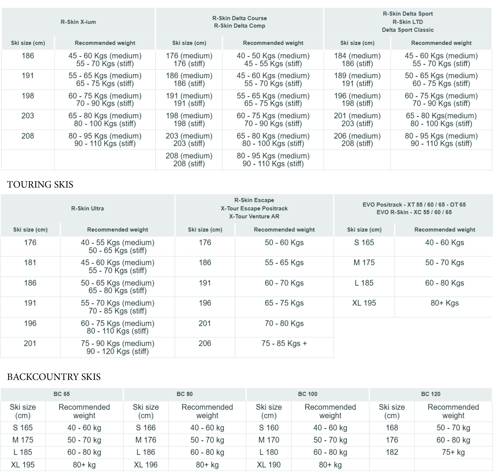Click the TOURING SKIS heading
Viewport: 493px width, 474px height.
pyautogui.click(x=40, y=185)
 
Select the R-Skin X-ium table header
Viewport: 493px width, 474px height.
pyautogui.click(x=78, y=22)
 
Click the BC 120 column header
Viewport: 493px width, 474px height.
pyautogui.click(x=431, y=394)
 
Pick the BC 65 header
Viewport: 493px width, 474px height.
pyautogui.click(x=62, y=394)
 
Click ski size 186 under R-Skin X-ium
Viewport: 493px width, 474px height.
pyautogui.click(x=28, y=56)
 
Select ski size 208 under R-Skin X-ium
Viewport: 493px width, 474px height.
pyautogui.click(x=28, y=136)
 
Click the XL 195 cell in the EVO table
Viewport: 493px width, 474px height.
pyautogui.click(x=364, y=303)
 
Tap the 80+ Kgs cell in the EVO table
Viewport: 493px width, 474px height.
pyautogui.click(x=445, y=303)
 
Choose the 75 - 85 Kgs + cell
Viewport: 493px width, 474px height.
pyautogui.click(x=284, y=343)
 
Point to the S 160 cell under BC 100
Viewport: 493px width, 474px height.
pyautogui.click(x=269, y=428)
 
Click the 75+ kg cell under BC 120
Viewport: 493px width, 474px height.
pyautogui.click(x=453, y=452)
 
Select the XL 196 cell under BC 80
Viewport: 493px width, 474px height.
pyautogui.click(x=146, y=465)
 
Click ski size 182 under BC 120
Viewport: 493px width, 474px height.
pyautogui.click(x=392, y=452)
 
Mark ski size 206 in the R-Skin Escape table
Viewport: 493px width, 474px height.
pyautogui.click(x=205, y=343)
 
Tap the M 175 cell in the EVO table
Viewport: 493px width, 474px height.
pyautogui.click(x=364, y=262)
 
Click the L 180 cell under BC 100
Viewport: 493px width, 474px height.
pyautogui.click(x=269, y=452)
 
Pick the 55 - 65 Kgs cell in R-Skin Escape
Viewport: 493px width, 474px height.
pyautogui.click(x=284, y=262)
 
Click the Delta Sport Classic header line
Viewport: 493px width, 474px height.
pyautogui.click(x=408, y=30)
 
